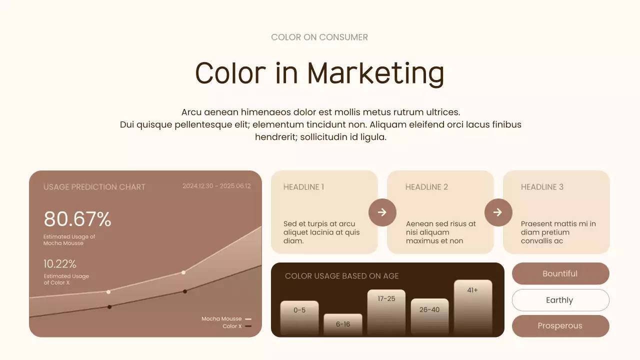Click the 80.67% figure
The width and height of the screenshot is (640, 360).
[x=77, y=219]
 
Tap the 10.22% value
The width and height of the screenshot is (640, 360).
[x=60, y=264]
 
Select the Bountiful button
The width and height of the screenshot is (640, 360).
[x=560, y=273]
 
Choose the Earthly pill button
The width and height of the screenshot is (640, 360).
[x=560, y=300]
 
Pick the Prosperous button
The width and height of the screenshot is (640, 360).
[x=560, y=326]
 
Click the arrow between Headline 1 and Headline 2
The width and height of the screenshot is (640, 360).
[x=382, y=212]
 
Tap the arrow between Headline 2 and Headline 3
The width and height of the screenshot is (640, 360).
[x=498, y=212]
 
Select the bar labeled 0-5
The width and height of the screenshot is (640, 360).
[x=299, y=318]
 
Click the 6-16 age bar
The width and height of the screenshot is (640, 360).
[x=343, y=324]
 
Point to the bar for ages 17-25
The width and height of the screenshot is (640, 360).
[x=386, y=312]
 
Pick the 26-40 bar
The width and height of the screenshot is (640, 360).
[x=429, y=317]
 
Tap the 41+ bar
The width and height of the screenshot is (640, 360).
[x=473, y=307]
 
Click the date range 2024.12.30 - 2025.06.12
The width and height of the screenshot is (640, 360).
[x=216, y=186]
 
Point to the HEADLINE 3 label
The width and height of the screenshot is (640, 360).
[x=542, y=187]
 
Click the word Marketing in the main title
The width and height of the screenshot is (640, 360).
[x=375, y=73]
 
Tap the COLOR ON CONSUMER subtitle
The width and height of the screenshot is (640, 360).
[x=319, y=37]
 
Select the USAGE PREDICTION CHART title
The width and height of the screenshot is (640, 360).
[x=94, y=187]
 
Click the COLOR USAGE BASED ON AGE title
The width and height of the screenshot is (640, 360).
[x=342, y=276]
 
